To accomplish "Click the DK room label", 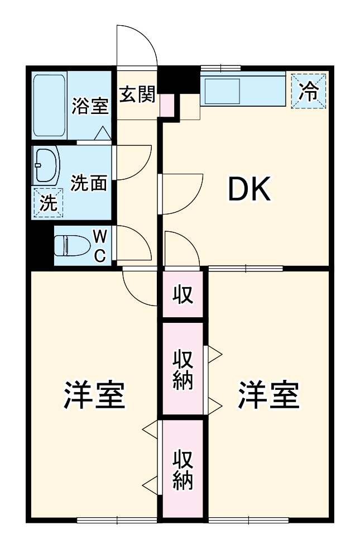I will point(249,190).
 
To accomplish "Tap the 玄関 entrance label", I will point(137,95).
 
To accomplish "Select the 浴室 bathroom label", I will point(90,106).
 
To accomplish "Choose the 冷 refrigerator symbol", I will point(309,91).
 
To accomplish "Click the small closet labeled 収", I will point(183,294).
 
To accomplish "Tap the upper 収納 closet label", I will point(183,369).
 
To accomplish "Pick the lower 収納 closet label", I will point(183,469).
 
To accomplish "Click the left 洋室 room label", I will point(93,395).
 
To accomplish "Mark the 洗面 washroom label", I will point(89,183).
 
